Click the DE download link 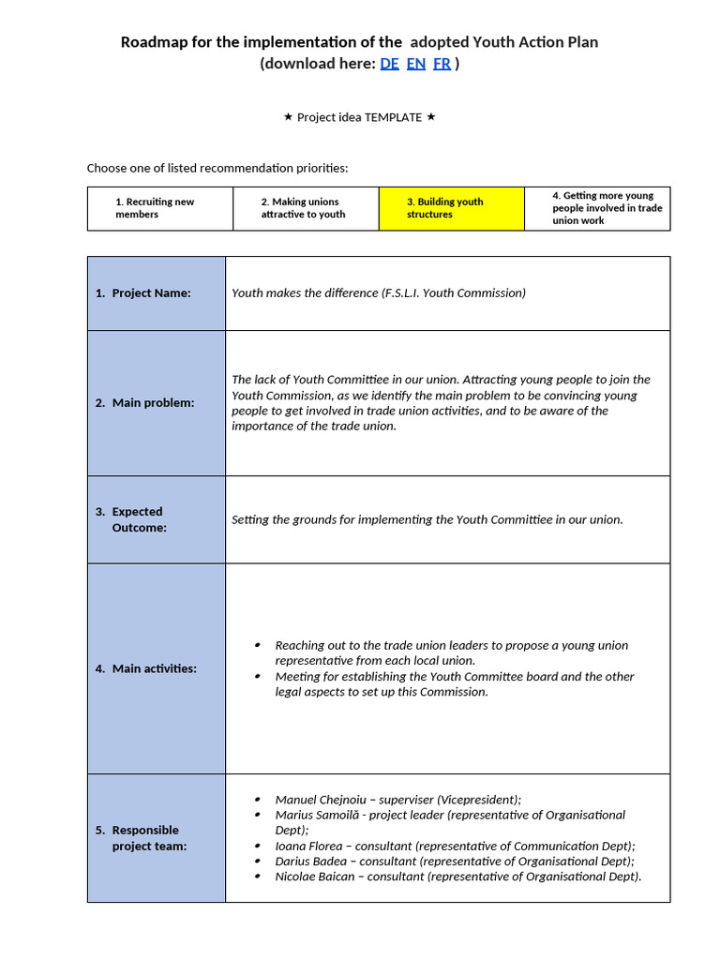pos(389,64)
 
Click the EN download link pos(416,64)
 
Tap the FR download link pos(442,64)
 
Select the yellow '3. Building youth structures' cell pos(451,208)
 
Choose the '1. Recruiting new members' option pos(159,208)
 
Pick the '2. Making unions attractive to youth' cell pos(306,208)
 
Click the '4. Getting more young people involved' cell pos(597,208)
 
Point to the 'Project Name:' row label pos(150,293)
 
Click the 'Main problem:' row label pos(153,403)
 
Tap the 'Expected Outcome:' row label pos(138,519)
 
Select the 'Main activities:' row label pos(154,669)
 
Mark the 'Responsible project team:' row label pos(148,838)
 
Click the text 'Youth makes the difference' pos(304,293)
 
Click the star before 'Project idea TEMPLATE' pos(288,117)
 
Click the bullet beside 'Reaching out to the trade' pos(258,645)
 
